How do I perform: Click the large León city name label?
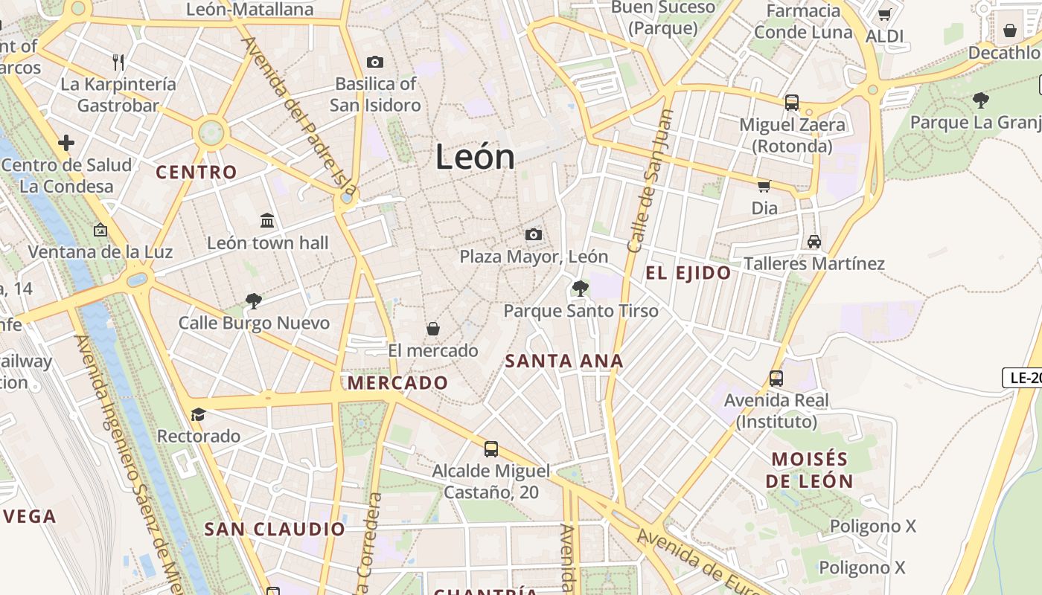(x=475, y=157)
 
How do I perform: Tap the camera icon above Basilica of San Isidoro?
(x=375, y=62)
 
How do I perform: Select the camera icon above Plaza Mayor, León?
(x=533, y=235)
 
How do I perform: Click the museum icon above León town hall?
(x=267, y=220)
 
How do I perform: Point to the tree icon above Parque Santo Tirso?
(x=580, y=288)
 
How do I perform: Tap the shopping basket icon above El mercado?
(x=432, y=329)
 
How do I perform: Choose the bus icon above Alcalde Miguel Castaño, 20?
(x=490, y=448)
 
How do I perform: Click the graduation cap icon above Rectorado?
(x=198, y=414)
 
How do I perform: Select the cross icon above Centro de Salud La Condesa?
(x=66, y=142)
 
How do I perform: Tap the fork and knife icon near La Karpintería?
(x=118, y=62)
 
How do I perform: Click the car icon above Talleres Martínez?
(x=814, y=242)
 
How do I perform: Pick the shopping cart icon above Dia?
(x=764, y=186)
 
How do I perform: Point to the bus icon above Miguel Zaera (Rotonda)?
(x=791, y=102)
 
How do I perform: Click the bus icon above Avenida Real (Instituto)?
(x=776, y=378)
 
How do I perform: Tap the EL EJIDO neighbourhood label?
(x=688, y=273)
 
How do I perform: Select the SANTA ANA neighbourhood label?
(x=563, y=361)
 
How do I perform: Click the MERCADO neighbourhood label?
(x=397, y=383)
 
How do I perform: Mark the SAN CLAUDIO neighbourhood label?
(x=275, y=530)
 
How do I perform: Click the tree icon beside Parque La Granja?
(x=980, y=100)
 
